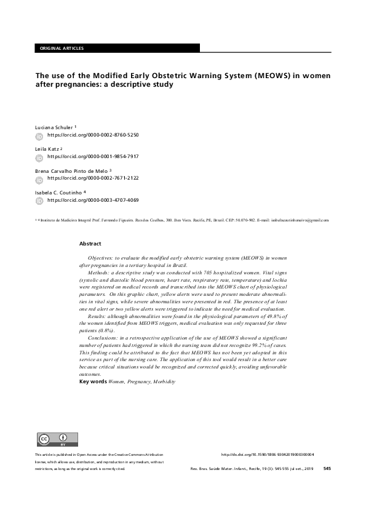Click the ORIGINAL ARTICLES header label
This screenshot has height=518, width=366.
click(61, 48)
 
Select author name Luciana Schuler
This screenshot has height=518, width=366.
click(55, 126)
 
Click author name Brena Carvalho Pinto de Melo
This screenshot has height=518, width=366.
click(73, 170)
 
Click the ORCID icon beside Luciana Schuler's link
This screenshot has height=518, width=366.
click(39, 135)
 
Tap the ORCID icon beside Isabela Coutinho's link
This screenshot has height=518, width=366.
click(39, 201)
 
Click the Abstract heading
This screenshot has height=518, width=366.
click(90, 244)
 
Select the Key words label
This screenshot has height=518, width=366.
click(93, 382)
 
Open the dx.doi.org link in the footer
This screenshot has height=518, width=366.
click(266, 455)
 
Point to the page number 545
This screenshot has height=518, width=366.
click(327, 469)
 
